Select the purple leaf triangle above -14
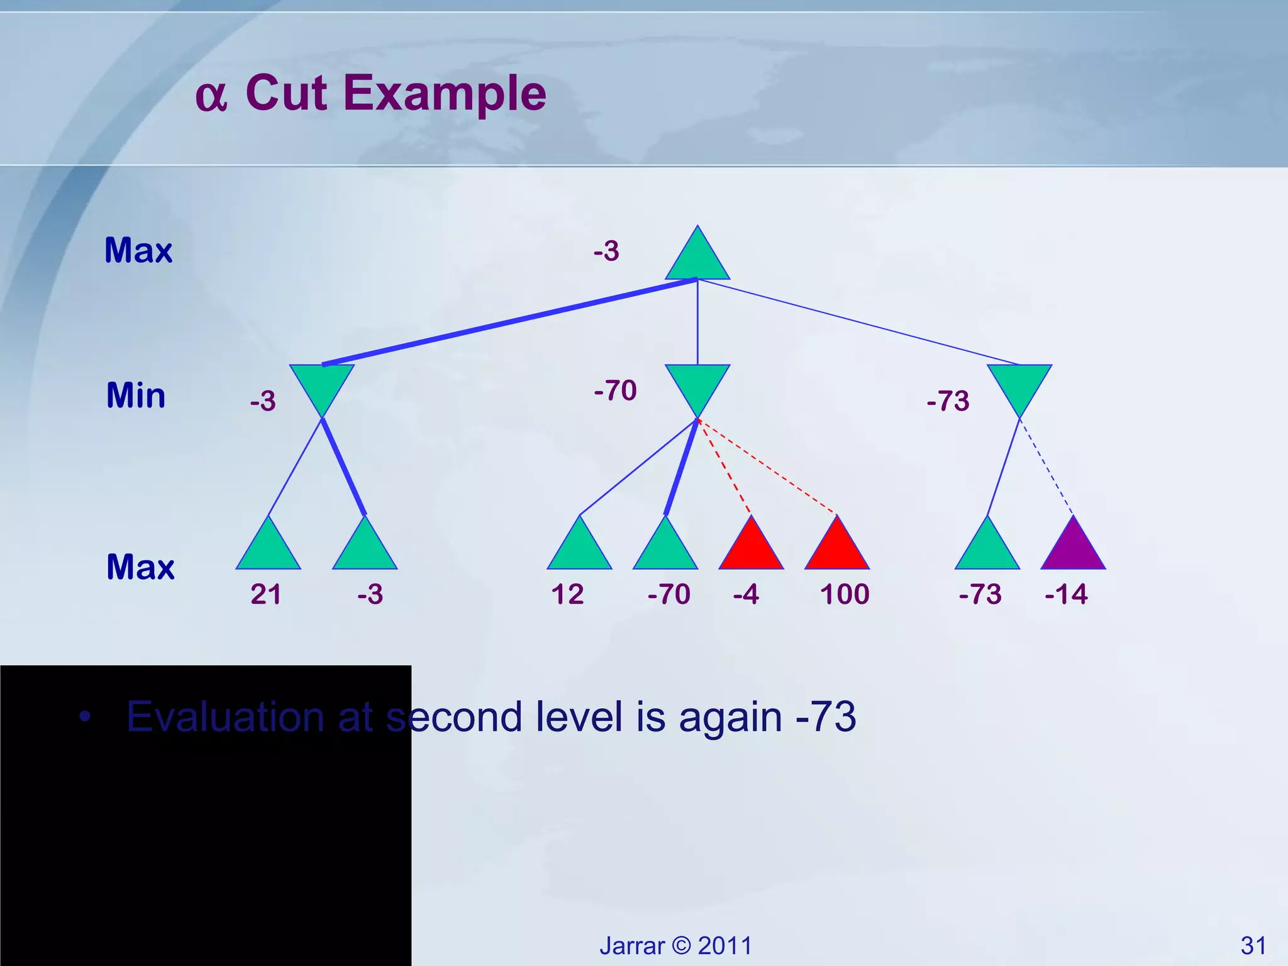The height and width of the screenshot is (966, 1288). (x=1073, y=548)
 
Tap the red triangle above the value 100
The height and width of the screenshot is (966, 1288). (x=837, y=548)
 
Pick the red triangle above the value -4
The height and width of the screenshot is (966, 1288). (x=751, y=548)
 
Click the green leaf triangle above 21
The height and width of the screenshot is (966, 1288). (x=269, y=548)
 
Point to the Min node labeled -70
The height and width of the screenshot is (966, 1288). (x=697, y=385)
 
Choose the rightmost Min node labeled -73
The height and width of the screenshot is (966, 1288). (x=1019, y=385)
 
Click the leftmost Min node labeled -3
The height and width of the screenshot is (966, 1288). (x=321, y=385)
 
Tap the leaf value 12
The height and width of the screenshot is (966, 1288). (x=567, y=594)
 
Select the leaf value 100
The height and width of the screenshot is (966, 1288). (x=844, y=594)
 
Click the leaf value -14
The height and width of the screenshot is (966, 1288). (x=1066, y=594)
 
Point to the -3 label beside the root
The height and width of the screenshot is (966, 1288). (x=606, y=251)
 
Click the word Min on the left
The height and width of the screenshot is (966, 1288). (x=136, y=396)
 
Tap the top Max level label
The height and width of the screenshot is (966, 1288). (x=138, y=250)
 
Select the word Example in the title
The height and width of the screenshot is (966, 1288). (x=445, y=93)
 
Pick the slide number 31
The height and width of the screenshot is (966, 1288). (x=1253, y=945)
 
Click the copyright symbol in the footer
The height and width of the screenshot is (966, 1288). (x=681, y=946)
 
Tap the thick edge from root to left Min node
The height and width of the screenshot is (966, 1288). (x=509, y=321)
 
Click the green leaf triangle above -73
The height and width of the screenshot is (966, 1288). (x=987, y=548)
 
